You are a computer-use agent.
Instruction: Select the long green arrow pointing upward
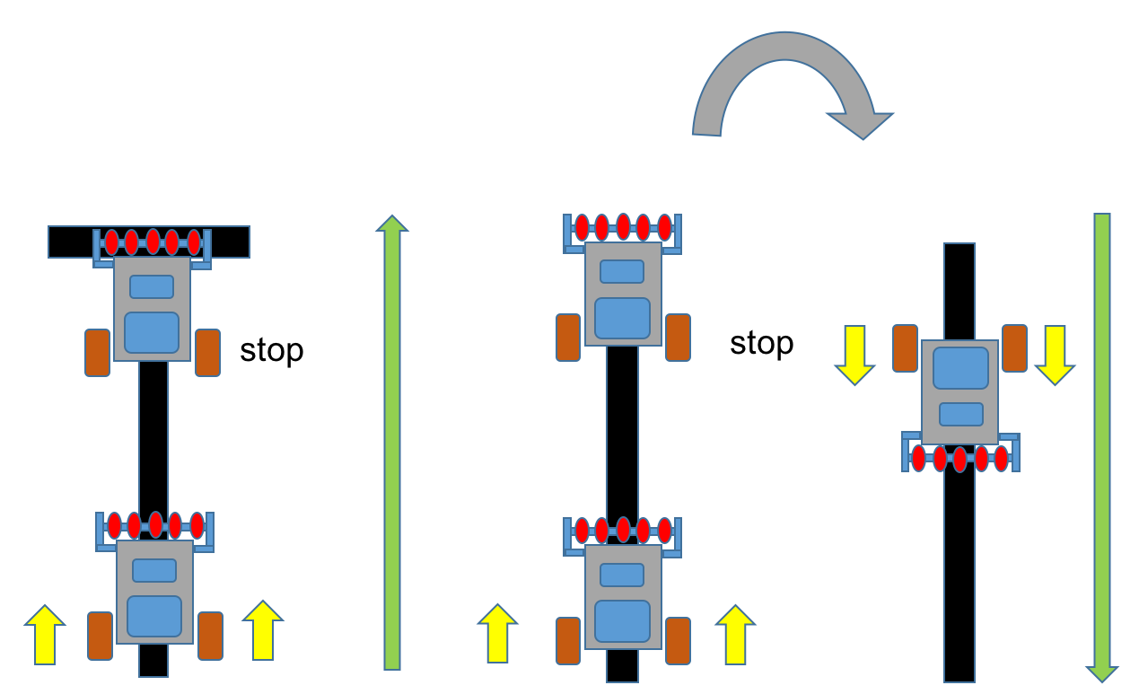pos(391,449)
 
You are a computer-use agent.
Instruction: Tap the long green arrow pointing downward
pos(1101,449)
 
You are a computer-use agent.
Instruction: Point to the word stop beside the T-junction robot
pos(271,350)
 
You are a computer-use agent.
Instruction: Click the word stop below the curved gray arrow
pos(761,343)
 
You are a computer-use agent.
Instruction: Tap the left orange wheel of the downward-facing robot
pos(905,348)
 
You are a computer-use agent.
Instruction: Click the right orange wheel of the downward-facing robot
pos(1014,348)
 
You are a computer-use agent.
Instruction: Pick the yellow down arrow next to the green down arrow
pos(1055,354)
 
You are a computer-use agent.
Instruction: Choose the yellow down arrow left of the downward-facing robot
pos(854,354)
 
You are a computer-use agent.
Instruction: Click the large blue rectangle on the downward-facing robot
pos(960,369)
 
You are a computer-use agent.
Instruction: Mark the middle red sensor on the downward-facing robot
pos(959,459)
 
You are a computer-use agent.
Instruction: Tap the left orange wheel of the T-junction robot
pos(97,352)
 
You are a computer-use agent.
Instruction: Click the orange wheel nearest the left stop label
pos(207,352)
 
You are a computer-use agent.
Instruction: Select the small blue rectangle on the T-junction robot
pos(152,286)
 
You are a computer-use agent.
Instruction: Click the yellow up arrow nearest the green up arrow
pos(263,629)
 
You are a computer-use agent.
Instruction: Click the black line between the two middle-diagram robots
pos(622,431)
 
